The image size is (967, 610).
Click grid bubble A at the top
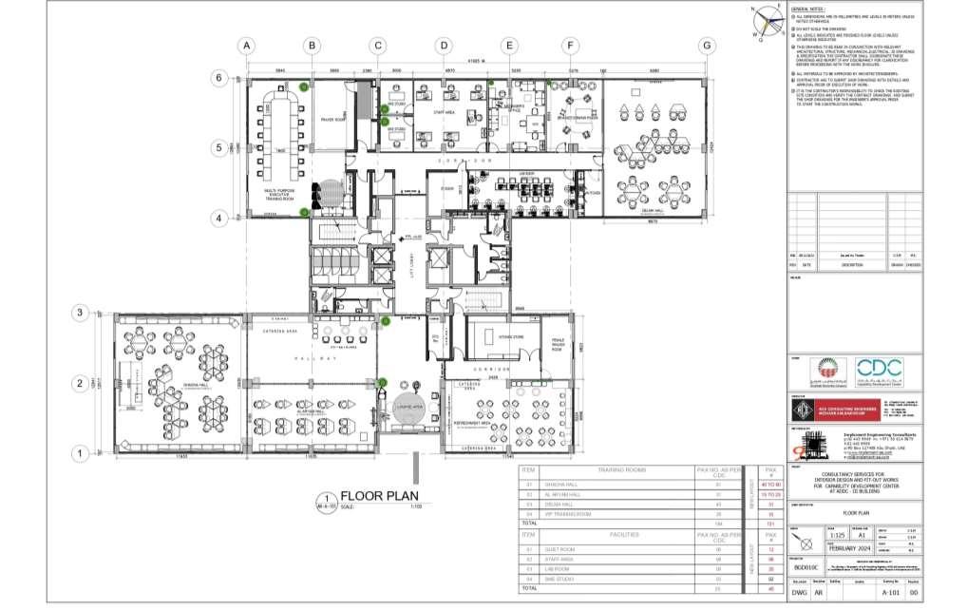pyautogui.click(x=246, y=46)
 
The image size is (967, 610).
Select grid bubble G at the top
pyautogui.click(x=706, y=46)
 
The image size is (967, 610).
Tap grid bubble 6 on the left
pyautogui.click(x=218, y=78)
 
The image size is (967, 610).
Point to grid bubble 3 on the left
pyautogui.click(x=82, y=313)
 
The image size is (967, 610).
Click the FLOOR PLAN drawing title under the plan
pyautogui.click(x=376, y=495)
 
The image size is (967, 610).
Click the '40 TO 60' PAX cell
pyautogui.click(x=770, y=486)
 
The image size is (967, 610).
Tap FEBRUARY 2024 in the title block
pyautogui.click(x=849, y=548)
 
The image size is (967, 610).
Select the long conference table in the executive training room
pyautogui.click(x=278, y=118)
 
